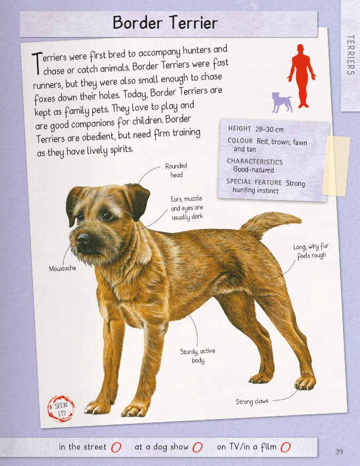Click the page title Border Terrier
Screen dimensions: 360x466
point(165,22)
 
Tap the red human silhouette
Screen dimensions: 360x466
point(301,76)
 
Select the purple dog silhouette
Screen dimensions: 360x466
point(282,102)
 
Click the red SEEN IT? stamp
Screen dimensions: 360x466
point(61,408)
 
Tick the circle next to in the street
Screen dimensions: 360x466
point(116,447)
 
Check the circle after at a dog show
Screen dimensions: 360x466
point(197,447)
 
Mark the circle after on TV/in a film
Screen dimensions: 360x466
point(285,447)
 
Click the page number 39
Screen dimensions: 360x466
point(339,452)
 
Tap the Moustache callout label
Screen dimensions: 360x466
point(62,268)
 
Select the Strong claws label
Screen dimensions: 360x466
point(252,401)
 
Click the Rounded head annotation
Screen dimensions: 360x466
point(176,170)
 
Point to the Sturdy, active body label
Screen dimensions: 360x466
point(198,356)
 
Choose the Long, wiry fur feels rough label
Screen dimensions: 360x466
point(311,251)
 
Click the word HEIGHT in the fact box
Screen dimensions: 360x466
point(239,128)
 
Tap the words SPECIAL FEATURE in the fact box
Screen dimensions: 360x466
point(254,182)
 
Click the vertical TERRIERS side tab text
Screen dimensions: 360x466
point(351,55)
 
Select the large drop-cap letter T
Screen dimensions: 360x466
point(37,63)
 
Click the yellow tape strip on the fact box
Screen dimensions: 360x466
point(336,165)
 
